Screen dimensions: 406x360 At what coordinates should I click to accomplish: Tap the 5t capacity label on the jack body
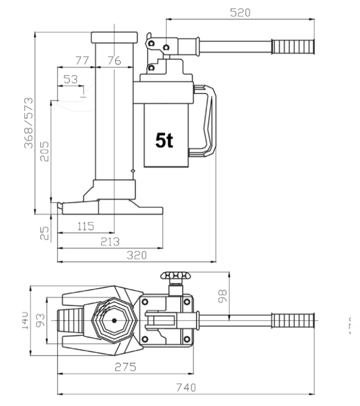tap(164, 141)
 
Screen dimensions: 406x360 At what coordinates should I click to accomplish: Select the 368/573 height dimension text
tap(28, 123)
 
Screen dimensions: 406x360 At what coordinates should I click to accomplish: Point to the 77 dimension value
tap(82, 61)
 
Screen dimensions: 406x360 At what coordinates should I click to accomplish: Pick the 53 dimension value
tap(70, 80)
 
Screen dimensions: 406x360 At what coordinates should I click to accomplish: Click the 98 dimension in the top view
tap(222, 296)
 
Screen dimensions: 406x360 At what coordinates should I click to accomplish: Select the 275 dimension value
tap(125, 368)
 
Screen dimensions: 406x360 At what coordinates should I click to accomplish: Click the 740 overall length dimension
tap(186, 386)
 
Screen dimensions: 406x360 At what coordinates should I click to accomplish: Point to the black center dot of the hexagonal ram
tap(114, 320)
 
